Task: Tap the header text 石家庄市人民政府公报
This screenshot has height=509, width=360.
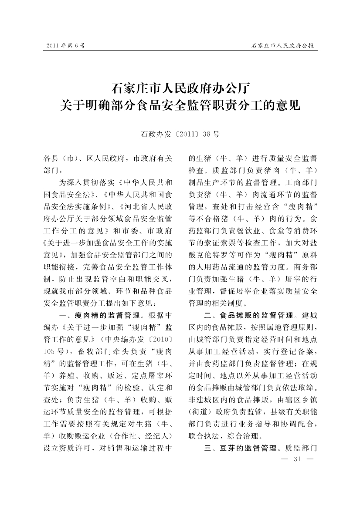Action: (x=283, y=45)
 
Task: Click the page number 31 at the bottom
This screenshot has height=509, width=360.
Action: (x=298, y=459)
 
